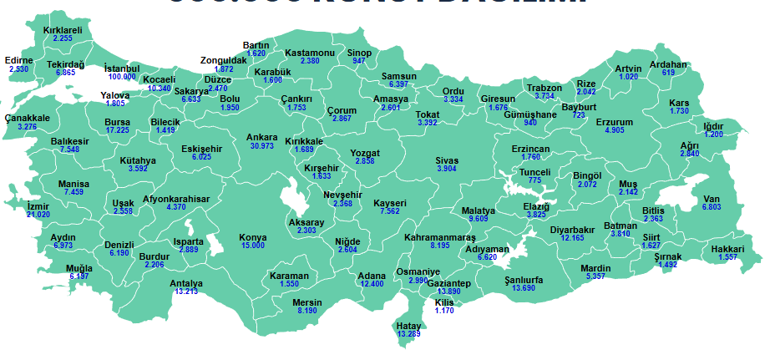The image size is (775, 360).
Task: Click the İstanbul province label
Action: [x=122, y=68]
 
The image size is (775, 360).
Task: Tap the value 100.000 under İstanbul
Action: [x=122, y=77]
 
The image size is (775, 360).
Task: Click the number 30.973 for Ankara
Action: [x=261, y=146]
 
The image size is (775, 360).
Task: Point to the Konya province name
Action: [x=253, y=237]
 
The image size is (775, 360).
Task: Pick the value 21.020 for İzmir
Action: [x=38, y=215]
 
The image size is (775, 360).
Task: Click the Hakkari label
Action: [x=727, y=249]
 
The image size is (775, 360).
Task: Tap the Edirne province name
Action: [x=18, y=60]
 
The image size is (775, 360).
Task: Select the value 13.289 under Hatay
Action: [x=409, y=334]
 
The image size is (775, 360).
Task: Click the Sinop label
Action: [x=359, y=53]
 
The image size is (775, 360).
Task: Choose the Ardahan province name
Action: [x=668, y=64]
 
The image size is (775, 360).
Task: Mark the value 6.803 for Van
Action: [x=712, y=207]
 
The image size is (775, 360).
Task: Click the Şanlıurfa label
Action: [x=524, y=280]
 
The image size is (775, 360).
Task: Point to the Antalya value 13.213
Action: [x=186, y=292]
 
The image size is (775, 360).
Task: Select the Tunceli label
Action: [x=535, y=172]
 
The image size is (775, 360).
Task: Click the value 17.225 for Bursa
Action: [x=118, y=130]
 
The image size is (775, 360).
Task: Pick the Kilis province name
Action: [x=444, y=302]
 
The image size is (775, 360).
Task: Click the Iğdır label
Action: [x=713, y=126]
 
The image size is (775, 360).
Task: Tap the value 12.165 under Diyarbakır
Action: [x=573, y=238]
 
